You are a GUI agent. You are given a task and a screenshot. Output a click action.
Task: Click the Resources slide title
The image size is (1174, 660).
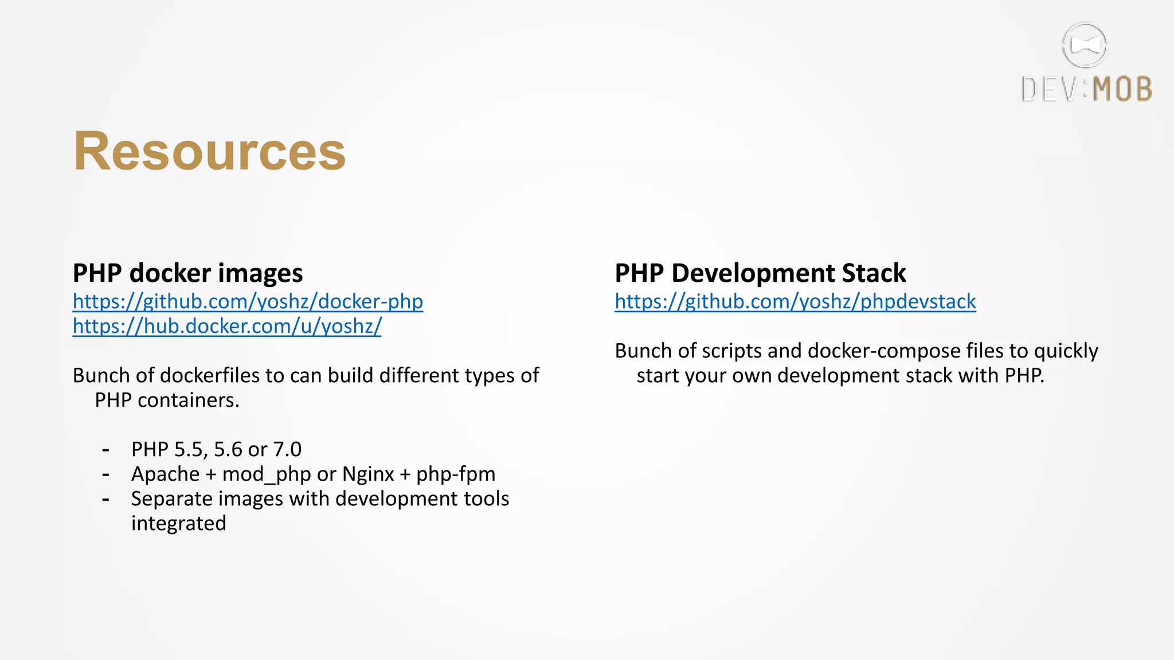(210, 151)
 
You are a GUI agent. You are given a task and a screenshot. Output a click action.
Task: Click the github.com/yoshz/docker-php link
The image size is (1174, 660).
(248, 301)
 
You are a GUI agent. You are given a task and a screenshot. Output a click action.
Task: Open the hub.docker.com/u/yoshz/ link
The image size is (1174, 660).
(227, 326)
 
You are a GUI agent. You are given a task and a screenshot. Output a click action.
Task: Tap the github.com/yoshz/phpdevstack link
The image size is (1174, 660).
(795, 301)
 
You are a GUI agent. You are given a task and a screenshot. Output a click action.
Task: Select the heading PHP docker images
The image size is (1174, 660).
(187, 273)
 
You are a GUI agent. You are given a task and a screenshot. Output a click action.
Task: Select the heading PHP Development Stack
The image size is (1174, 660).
(760, 273)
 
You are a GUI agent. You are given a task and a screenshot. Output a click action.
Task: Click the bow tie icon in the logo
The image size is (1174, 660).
(1084, 45)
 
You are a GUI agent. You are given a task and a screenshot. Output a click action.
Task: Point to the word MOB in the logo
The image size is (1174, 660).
(1122, 90)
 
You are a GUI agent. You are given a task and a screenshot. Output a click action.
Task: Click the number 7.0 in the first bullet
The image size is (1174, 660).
(287, 449)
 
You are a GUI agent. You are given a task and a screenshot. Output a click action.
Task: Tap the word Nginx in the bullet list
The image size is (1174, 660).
(368, 474)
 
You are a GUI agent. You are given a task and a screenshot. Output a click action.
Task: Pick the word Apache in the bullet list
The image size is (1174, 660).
(165, 474)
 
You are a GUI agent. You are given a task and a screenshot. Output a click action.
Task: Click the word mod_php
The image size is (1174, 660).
(267, 474)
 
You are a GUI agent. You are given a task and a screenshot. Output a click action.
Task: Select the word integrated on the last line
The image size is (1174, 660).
(178, 524)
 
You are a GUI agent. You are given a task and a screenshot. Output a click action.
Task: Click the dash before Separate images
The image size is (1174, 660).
(105, 500)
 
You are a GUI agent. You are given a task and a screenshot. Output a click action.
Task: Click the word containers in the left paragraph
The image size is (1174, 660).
(188, 400)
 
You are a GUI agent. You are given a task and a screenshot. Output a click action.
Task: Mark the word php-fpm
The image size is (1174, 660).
(456, 474)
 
